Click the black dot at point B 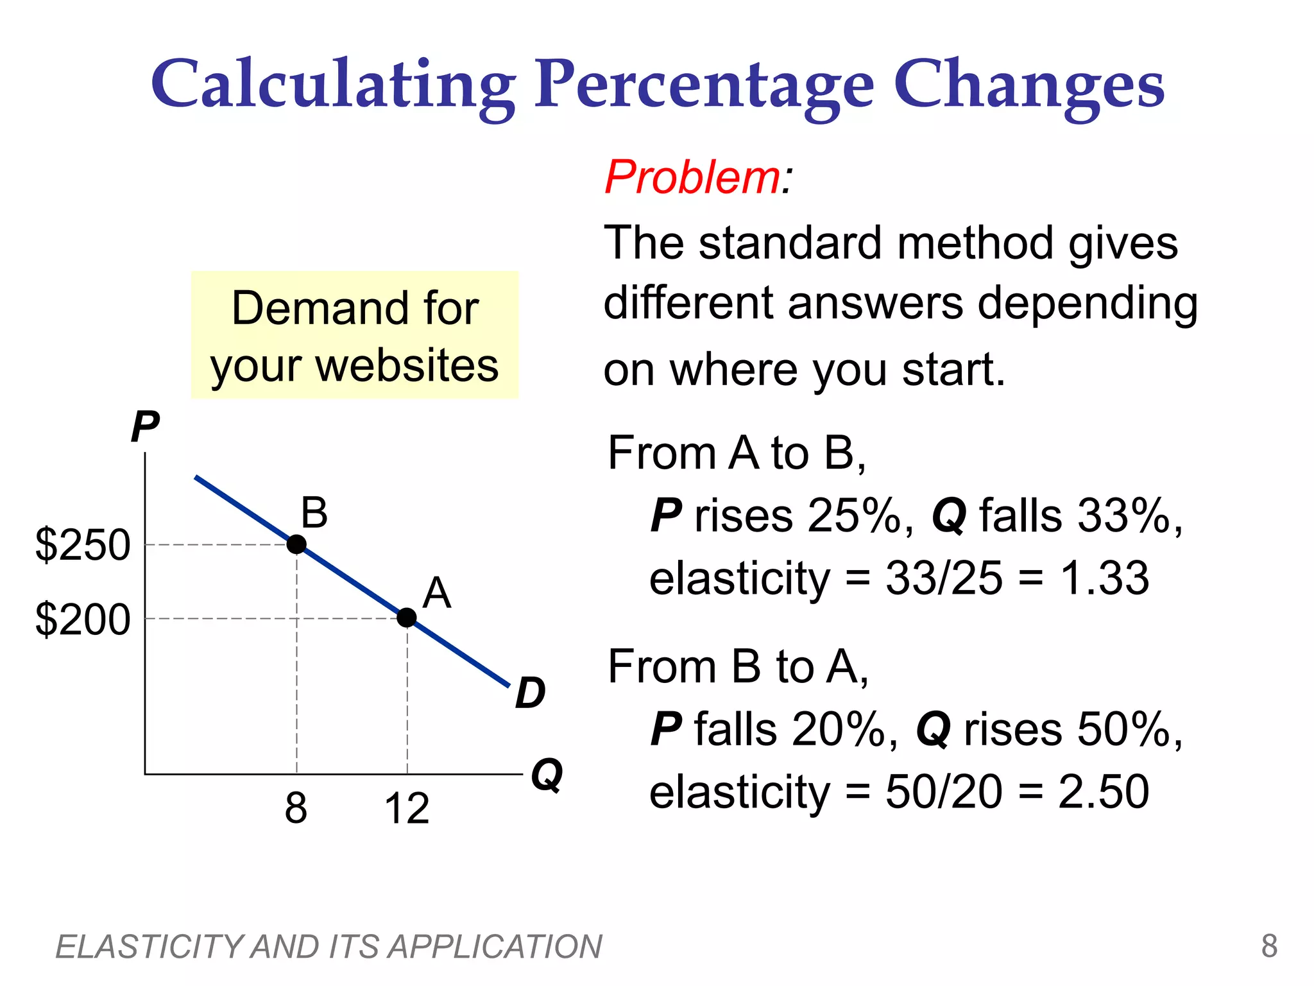[296, 544]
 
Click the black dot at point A [407, 618]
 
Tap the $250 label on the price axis [83, 545]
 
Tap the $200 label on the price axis [83, 619]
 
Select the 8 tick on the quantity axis [296, 808]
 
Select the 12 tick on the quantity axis [407, 808]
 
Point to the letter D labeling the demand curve [530, 693]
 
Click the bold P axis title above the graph [145, 427]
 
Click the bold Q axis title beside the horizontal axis [547, 775]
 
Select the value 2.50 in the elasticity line [1104, 791]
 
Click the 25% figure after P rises [854, 515]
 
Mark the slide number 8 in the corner [1269, 946]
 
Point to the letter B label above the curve [314, 513]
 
